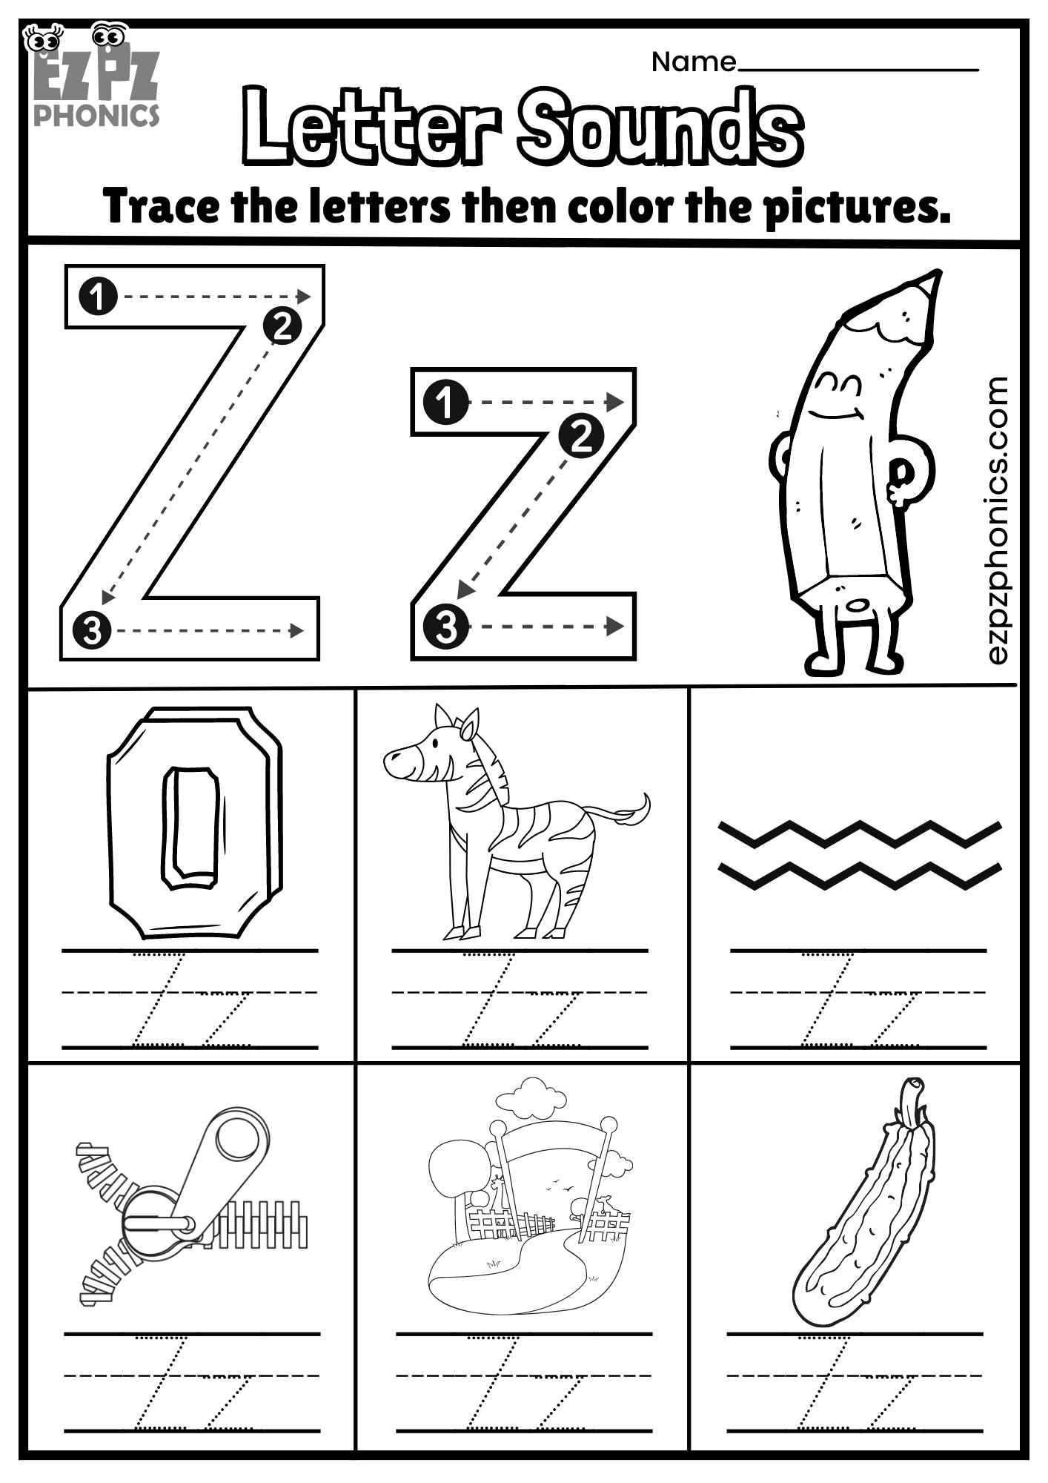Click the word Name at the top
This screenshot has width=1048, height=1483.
click(x=693, y=62)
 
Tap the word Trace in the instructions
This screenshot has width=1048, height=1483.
click(x=162, y=206)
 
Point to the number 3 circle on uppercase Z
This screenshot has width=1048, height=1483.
click(x=92, y=631)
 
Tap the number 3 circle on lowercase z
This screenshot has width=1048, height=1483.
click(x=445, y=627)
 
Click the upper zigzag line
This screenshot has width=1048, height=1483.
click(x=860, y=833)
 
